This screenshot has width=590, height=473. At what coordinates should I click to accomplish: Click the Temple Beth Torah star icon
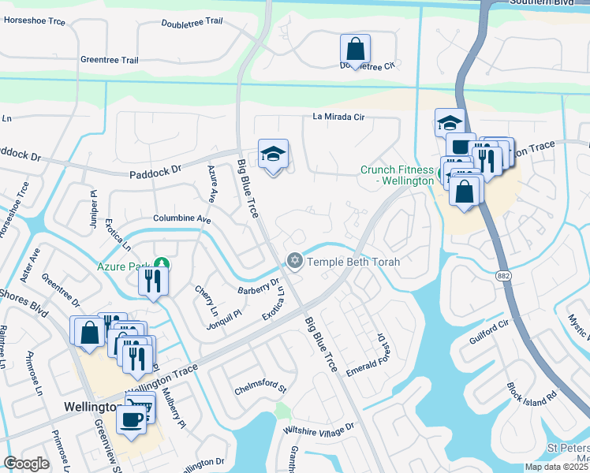(x=295, y=260)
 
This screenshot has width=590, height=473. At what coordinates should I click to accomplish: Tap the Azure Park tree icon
(x=162, y=263)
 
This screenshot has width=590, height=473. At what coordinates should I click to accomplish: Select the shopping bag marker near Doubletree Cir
(x=355, y=50)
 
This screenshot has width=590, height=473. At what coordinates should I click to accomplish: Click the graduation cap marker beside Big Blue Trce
(x=273, y=155)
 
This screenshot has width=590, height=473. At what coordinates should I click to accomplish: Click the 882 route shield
(x=503, y=275)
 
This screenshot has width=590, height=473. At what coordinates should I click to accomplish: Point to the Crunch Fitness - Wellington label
(x=397, y=174)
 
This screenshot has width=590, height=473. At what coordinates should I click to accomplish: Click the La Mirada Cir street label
(x=338, y=117)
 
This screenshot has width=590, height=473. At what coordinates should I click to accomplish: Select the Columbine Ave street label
(x=182, y=218)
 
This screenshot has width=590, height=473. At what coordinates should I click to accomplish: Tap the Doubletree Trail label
(x=192, y=23)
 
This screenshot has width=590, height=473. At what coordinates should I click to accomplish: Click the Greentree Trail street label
(x=109, y=60)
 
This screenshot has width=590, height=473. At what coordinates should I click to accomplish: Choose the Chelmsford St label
(x=260, y=389)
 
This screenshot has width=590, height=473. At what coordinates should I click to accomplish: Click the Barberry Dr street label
(x=259, y=288)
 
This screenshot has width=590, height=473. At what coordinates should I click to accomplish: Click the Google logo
(x=27, y=464)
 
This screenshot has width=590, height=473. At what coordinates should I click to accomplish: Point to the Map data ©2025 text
(x=555, y=467)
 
